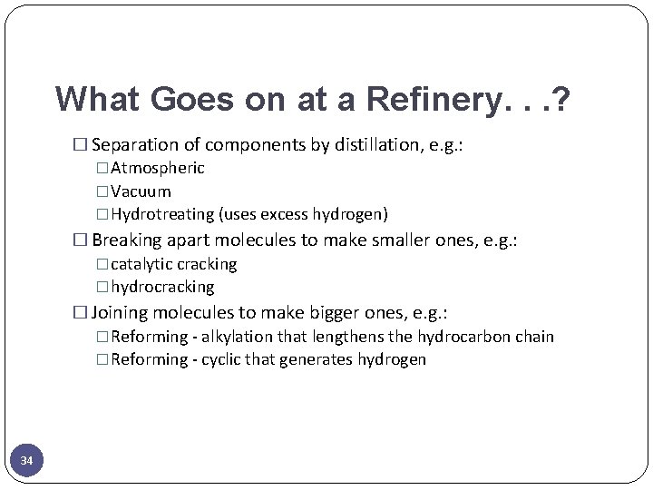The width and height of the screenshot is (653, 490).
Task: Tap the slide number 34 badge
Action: point(26,462)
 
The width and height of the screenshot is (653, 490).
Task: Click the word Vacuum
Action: point(141,191)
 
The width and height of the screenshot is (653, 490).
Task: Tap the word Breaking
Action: point(128,240)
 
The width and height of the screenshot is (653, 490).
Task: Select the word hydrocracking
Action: point(162,287)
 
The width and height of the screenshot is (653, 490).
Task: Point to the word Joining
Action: point(121,313)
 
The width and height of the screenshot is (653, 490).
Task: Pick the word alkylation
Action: point(237,337)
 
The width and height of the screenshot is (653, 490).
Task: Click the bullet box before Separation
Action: point(79,145)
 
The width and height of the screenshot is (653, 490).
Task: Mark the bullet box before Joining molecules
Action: point(79,313)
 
